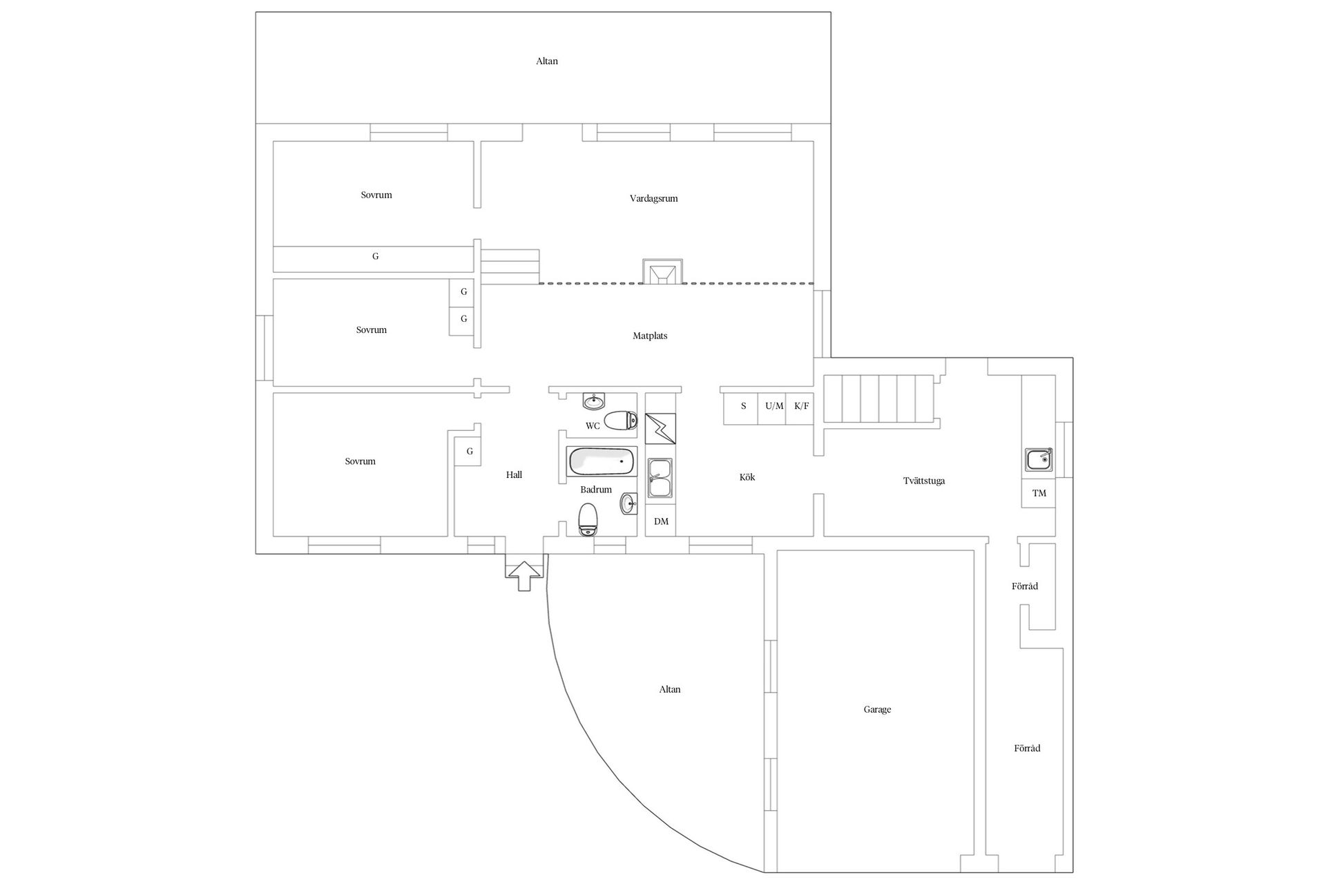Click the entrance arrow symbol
click(x=523, y=575)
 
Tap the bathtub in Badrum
click(x=601, y=461)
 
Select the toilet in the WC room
click(x=620, y=420)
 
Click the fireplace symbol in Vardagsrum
click(x=662, y=271)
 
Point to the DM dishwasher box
click(x=661, y=521)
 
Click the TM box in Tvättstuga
click(x=1039, y=493)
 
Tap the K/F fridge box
click(x=801, y=406)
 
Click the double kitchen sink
click(x=661, y=478)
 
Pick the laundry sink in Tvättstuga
click(x=1039, y=459)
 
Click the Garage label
click(x=877, y=709)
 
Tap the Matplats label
click(x=650, y=336)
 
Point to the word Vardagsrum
click(x=653, y=199)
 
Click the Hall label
click(x=514, y=474)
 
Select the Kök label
click(x=747, y=477)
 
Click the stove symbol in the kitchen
click(x=661, y=428)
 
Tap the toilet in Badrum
click(x=588, y=519)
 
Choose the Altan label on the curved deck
click(x=670, y=689)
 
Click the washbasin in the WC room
click(x=593, y=401)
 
